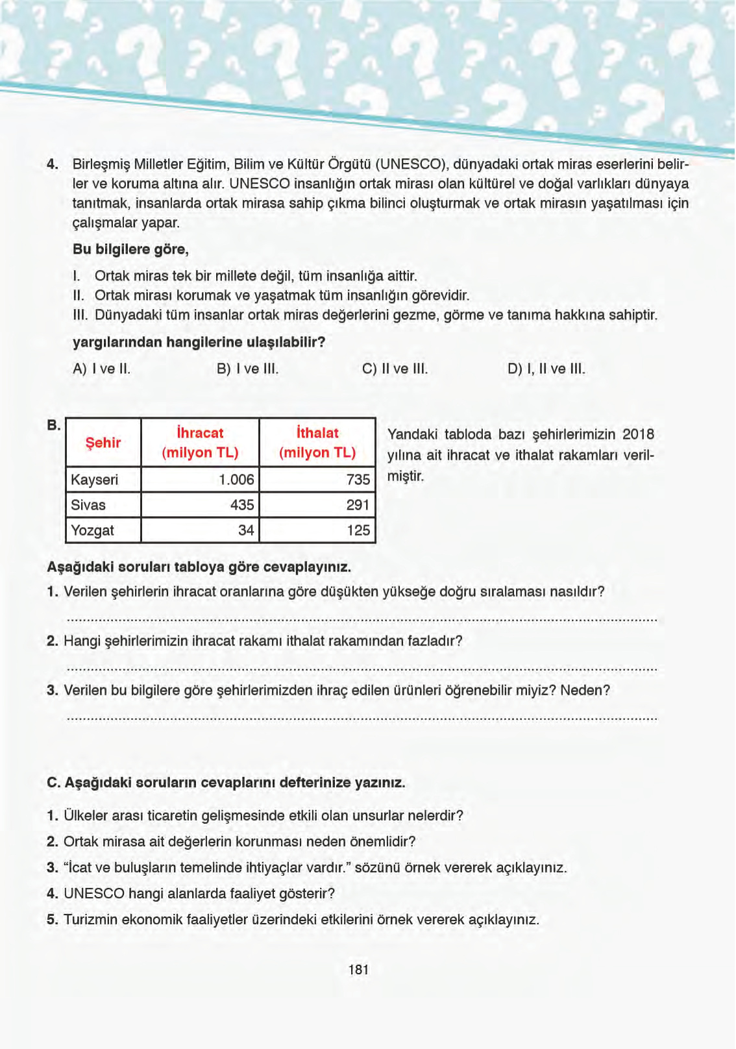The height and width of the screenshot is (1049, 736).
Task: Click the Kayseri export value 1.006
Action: pos(236,480)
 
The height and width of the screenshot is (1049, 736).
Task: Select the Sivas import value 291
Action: pos(358,505)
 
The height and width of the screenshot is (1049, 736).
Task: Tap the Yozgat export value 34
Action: pos(246,530)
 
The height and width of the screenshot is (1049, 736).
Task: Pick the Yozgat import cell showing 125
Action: pos(358,530)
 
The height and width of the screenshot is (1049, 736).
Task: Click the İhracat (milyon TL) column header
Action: pos(200,443)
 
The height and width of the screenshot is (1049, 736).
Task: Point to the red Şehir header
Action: pos(103,443)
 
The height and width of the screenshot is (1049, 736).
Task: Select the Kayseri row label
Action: pos(95,480)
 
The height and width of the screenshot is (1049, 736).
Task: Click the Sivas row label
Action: pos(88,505)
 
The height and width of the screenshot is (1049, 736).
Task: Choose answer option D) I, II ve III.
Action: pos(546,369)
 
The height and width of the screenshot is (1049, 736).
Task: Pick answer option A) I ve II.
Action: pos(102,369)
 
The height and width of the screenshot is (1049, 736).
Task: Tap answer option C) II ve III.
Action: pos(395,369)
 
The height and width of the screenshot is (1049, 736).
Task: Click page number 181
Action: pos(358,970)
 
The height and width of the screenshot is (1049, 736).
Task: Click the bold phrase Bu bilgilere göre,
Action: pos(130,249)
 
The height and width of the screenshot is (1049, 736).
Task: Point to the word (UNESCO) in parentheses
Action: pos(411,164)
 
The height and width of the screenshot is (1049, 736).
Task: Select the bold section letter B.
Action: pos(53,426)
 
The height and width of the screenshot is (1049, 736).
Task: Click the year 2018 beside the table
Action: pos(638,434)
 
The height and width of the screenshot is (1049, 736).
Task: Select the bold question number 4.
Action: pos(53,164)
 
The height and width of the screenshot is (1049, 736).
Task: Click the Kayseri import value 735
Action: pos(358,480)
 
